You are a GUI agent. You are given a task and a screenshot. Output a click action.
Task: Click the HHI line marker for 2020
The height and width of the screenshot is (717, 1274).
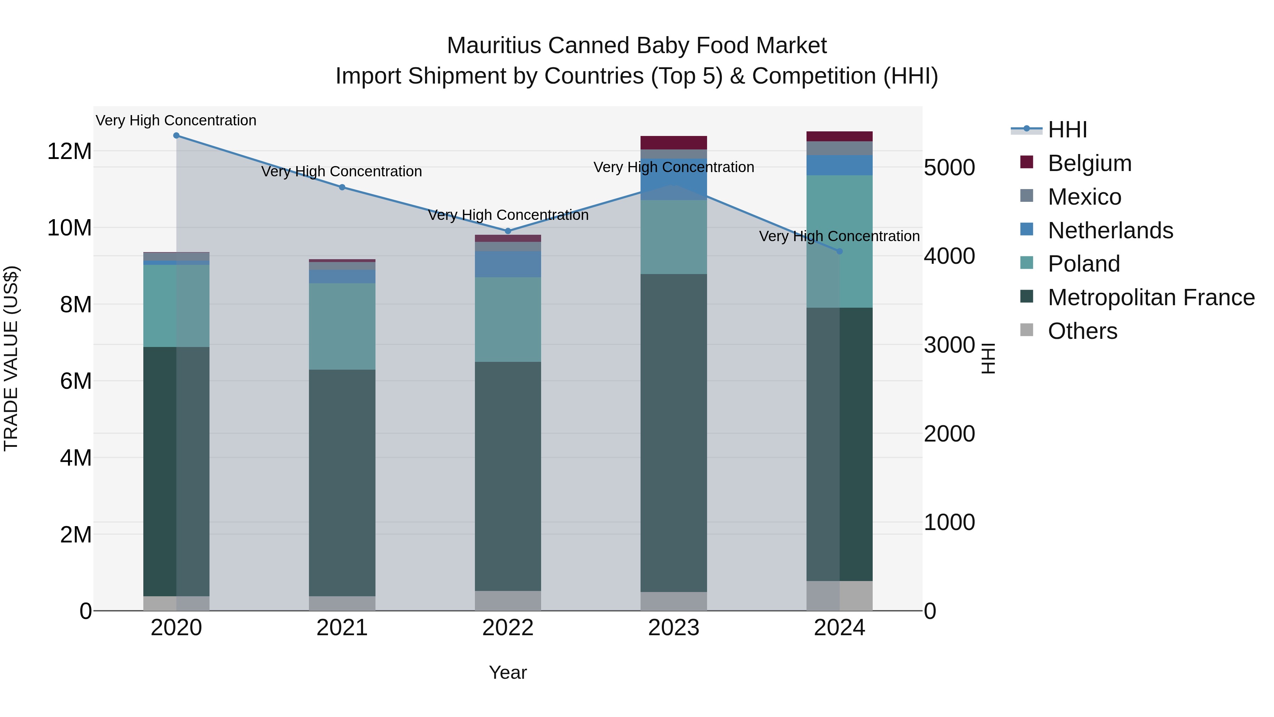(176, 136)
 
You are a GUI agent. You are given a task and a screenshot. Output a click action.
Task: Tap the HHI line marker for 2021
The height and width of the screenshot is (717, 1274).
(342, 187)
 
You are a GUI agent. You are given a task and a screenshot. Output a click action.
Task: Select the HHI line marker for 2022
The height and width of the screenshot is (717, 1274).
(507, 231)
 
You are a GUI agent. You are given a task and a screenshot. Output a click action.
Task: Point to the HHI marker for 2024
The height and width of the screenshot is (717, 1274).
(839, 251)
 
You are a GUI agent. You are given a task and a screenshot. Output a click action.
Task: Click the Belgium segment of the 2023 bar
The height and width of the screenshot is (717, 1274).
(673, 142)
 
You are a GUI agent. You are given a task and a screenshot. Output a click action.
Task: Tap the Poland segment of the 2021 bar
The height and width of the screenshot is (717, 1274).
(342, 326)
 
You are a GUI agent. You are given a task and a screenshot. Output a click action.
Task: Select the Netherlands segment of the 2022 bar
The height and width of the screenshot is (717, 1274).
(507, 264)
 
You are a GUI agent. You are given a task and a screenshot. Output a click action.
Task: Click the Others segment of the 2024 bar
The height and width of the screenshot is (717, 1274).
(839, 596)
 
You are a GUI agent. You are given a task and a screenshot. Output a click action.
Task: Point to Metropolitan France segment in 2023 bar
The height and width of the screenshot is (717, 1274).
(673, 433)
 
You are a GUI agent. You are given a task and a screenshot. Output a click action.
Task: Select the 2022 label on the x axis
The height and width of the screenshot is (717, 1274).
(507, 628)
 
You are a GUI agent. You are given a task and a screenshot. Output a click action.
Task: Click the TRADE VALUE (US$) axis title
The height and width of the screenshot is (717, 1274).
(11, 358)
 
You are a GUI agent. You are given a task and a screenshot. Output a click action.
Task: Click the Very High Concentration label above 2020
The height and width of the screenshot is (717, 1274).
(176, 120)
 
